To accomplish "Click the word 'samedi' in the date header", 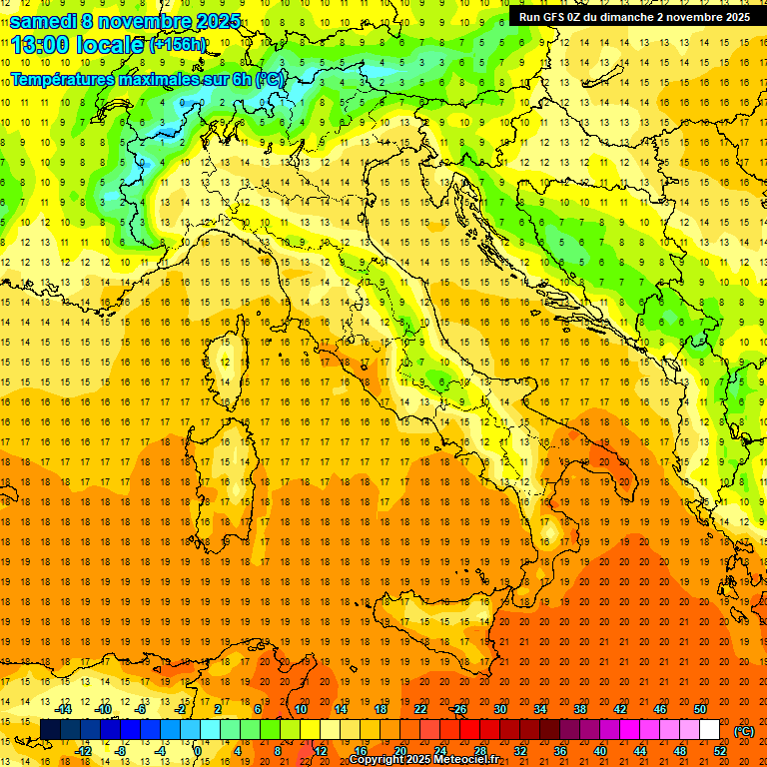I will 44,21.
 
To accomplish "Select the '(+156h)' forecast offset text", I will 177,45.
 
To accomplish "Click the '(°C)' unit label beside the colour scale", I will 744,731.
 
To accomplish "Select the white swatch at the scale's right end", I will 709,730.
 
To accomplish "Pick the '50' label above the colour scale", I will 700,709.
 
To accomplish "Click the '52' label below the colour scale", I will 720,751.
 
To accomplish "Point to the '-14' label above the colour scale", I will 63,709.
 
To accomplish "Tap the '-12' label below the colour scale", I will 83,751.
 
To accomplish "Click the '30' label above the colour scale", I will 500,709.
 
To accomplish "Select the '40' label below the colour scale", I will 600,751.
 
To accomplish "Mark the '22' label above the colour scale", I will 420,709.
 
